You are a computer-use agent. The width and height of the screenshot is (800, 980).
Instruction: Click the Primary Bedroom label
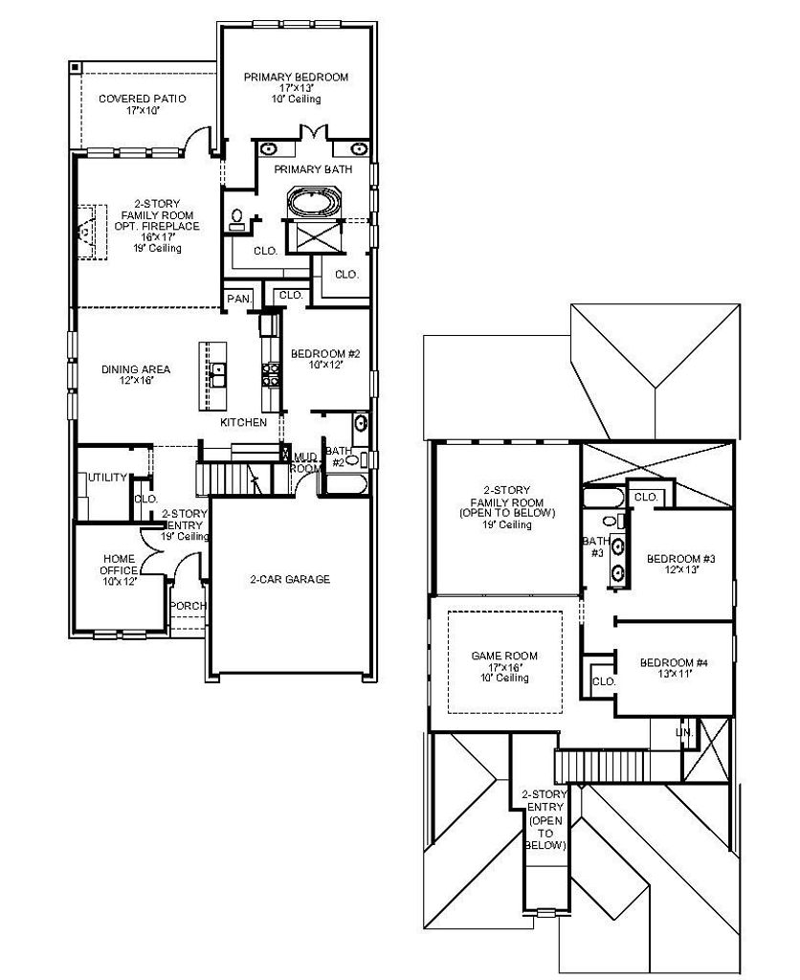click(x=296, y=78)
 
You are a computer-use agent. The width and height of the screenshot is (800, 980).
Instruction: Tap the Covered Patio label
click(x=143, y=99)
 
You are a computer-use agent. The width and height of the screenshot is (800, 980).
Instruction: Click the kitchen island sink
click(x=218, y=375)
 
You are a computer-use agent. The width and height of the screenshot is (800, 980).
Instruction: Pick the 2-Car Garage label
click(x=290, y=579)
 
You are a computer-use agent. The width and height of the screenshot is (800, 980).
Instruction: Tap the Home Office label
click(x=119, y=565)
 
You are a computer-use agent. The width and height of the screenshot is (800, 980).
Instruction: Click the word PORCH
click(x=189, y=606)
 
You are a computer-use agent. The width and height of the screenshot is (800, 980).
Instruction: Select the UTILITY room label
click(x=107, y=478)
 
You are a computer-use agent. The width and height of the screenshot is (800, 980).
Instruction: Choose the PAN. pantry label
click(x=239, y=300)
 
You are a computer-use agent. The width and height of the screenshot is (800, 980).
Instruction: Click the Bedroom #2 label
click(x=325, y=354)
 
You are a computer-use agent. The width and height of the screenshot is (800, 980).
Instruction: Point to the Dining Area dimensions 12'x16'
click(x=136, y=380)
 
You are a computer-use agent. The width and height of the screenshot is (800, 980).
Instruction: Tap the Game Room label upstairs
click(x=504, y=656)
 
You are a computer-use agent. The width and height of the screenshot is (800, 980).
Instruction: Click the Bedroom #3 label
click(x=681, y=559)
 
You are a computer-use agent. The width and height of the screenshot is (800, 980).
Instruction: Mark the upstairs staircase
click(x=617, y=767)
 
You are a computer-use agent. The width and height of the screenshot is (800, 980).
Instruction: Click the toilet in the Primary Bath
click(x=237, y=219)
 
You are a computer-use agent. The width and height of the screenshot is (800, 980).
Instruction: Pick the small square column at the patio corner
click(x=75, y=66)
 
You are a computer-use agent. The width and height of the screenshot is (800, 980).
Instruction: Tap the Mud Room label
click(x=306, y=463)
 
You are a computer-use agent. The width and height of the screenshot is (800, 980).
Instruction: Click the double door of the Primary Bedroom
click(x=313, y=132)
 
